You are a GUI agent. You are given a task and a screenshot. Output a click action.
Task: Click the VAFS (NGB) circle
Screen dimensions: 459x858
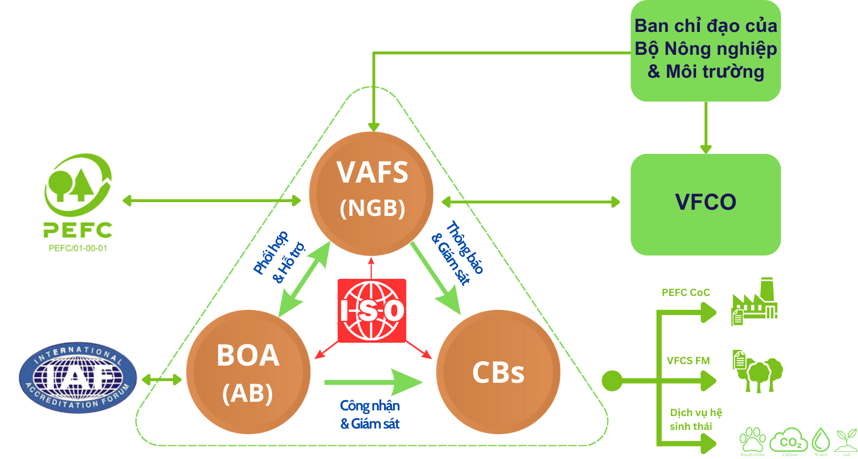click(x=371, y=194)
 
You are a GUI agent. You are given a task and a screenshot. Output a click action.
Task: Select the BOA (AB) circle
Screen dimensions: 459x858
click(x=248, y=372)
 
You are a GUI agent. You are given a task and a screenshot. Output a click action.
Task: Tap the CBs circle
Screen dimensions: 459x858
click(x=498, y=372)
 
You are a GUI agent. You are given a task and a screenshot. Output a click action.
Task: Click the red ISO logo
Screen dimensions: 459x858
click(x=372, y=311)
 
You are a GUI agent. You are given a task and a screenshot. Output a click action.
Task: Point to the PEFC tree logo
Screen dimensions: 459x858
click(x=78, y=186)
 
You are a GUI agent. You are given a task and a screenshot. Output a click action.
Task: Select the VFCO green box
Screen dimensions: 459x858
click(x=706, y=204)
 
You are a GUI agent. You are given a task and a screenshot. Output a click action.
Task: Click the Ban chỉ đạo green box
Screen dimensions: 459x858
click(x=706, y=50)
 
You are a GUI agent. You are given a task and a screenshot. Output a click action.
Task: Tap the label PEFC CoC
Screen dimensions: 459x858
click(x=686, y=293)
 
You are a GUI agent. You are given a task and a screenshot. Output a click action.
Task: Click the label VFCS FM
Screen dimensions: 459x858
click(x=688, y=361)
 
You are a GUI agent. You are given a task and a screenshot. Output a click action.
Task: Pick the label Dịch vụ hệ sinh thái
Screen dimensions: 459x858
click(x=695, y=419)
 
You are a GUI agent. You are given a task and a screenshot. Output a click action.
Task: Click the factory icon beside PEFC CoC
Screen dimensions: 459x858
click(x=755, y=302)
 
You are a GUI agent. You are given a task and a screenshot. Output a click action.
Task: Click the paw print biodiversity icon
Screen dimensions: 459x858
click(x=752, y=439)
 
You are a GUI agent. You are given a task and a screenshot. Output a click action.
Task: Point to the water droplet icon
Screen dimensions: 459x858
click(x=821, y=440)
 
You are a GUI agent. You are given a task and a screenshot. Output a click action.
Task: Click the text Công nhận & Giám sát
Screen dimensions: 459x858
click(x=370, y=415)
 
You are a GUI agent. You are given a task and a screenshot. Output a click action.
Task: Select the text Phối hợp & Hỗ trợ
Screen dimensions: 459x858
click(x=279, y=257)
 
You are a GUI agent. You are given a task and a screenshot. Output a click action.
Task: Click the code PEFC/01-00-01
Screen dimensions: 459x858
click(x=78, y=248)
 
